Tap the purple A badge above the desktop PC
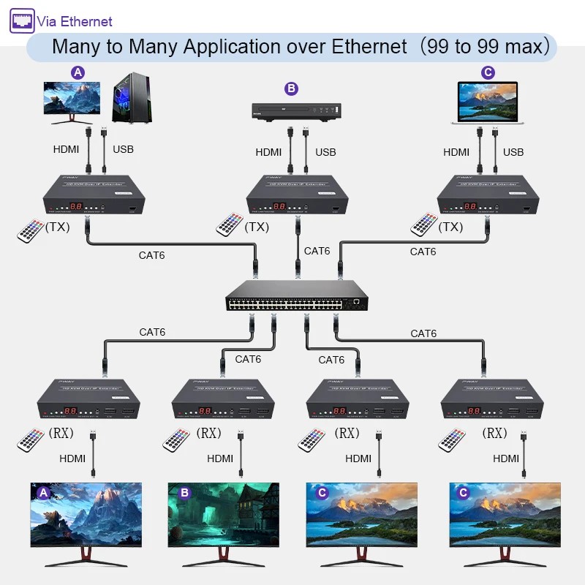point(78,72)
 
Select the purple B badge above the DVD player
point(292,88)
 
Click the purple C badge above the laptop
point(488,72)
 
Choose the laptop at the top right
point(488,102)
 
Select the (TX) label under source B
point(257,227)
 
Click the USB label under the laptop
point(513,152)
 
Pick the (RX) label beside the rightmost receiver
point(494,434)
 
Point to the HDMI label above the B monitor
point(220,458)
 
